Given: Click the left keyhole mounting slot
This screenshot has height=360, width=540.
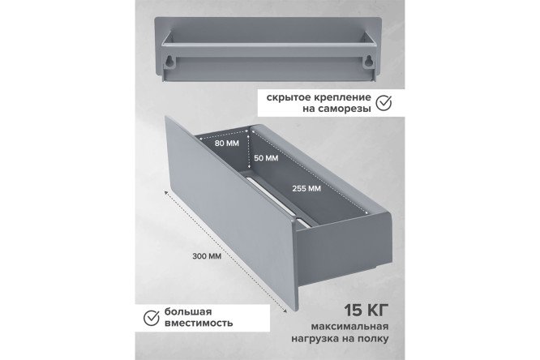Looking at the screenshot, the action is [x=170, y=61].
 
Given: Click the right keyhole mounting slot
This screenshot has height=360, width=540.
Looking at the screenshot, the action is [x=369, y=61].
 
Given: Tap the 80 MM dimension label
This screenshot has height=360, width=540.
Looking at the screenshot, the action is [x=226, y=143].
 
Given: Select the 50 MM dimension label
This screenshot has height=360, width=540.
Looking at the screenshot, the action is [x=266, y=158].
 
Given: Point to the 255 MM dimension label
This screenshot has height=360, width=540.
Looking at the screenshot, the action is [x=306, y=188].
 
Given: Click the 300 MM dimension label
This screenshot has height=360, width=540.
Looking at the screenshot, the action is [x=207, y=256].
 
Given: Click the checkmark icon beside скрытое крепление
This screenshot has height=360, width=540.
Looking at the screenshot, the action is [x=384, y=102].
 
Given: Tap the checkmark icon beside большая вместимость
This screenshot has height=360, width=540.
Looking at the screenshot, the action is [x=151, y=318].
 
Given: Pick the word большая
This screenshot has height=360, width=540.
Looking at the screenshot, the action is [x=188, y=312].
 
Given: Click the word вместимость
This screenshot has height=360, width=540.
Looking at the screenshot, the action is [x=199, y=324].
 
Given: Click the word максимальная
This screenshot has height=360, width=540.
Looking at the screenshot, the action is [x=350, y=327].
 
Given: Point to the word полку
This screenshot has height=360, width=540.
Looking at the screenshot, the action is [x=374, y=339].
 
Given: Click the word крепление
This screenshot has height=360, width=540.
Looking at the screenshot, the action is [x=343, y=97].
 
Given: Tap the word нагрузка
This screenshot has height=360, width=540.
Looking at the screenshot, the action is [x=315, y=339].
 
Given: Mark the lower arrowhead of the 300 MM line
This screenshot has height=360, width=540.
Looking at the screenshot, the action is [x=285, y=311].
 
